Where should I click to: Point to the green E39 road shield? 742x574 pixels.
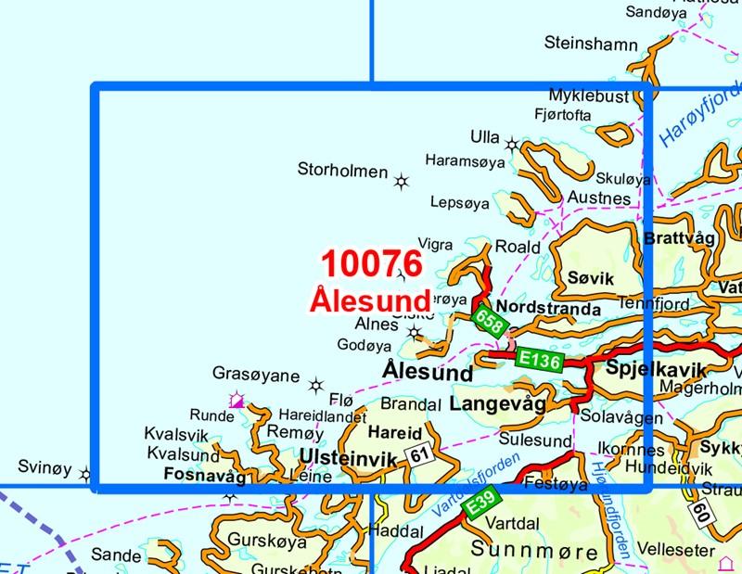(x=480, y=504)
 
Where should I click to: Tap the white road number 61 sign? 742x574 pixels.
(x=420, y=454)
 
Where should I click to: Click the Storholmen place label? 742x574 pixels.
(x=342, y=170)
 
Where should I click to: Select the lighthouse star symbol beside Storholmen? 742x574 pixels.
(x=402, y=181)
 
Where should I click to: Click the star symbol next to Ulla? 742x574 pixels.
(x=512, y=144)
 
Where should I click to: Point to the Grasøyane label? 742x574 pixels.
(x=256, y=376)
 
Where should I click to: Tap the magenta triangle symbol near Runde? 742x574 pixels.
(x=237, y=401)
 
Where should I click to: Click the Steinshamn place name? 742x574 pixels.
(x=591, y=44)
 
